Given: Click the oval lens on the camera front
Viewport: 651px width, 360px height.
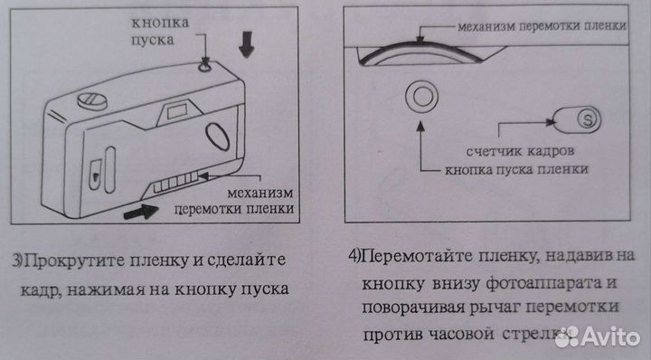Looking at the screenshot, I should (219, 137).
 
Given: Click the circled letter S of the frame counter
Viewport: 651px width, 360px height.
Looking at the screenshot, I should (590, 118).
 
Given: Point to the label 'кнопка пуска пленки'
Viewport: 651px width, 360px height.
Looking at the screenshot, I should (516, 169).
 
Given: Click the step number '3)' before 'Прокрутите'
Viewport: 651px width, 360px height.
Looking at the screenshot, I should (18, 261).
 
